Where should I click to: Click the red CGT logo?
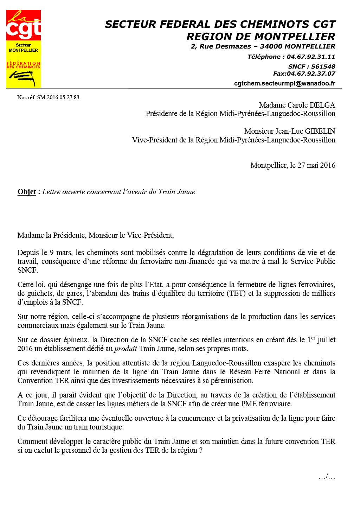23,25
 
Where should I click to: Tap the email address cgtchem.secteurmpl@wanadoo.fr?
284,83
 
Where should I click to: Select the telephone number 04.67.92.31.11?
311,57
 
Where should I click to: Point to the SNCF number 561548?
323,66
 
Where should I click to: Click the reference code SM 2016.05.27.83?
58,97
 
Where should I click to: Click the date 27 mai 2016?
316,165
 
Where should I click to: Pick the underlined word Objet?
27,192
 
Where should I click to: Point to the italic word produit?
126,349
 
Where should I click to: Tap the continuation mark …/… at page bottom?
327,477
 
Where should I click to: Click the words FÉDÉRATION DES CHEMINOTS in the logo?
23,65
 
